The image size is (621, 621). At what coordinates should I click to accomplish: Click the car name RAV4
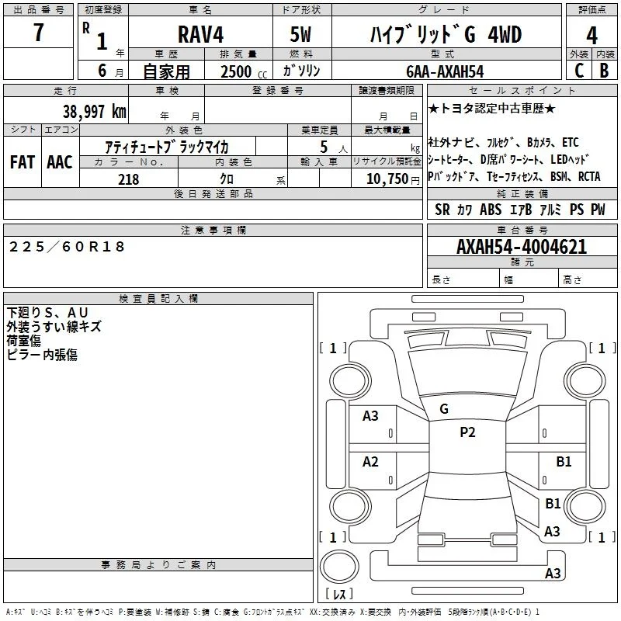click(200, 34)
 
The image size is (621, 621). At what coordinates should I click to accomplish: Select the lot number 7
click(38, 32)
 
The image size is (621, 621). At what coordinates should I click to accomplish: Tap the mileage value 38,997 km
click(95, 111)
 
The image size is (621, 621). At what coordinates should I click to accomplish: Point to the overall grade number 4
click(592, 35)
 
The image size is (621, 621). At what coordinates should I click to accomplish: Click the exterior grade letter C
click(579, 70)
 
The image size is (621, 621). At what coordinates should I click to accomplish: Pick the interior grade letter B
click(604, 70)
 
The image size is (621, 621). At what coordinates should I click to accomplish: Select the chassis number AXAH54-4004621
click(522, 247)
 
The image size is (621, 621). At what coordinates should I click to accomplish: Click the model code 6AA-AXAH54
click(445, 71)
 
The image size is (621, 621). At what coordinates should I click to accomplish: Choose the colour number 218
click(129, 179)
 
